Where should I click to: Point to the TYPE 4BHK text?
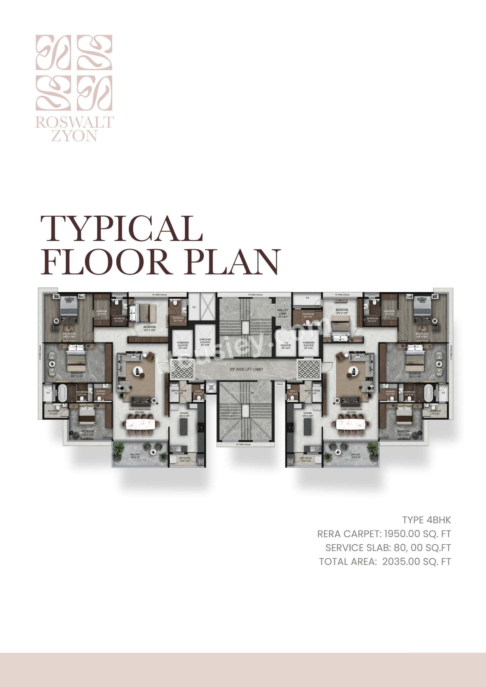point(426,520)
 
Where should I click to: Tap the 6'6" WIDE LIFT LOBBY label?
point(246,369)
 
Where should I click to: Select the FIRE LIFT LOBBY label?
point(282,312)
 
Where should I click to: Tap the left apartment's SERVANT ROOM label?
point(178,392)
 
